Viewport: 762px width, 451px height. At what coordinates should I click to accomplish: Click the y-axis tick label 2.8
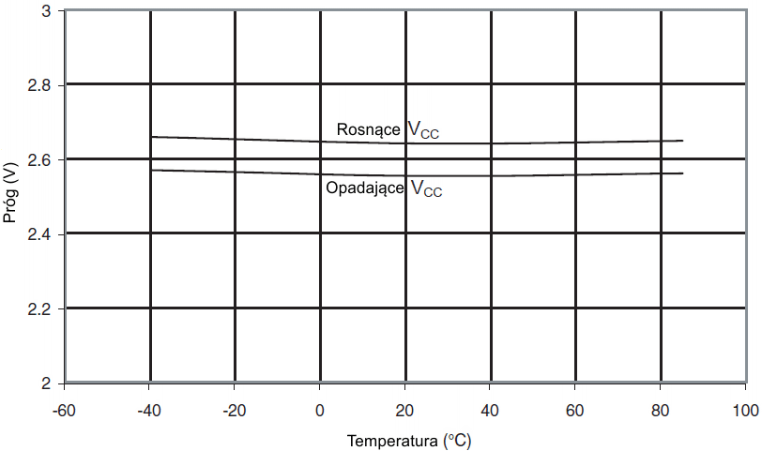pyautogui.click(x=41, y=85)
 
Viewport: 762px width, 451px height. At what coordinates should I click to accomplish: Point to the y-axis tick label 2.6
pyautogui.click(x=41, y=159)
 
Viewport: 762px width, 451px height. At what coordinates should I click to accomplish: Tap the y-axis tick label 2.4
pyautogui.click(x=41, y=234)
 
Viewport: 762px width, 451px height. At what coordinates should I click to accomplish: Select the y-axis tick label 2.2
pyautogui.click(x=41, y=308)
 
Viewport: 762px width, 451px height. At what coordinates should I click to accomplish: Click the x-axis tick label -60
pyautogui.click(x=65, y=411)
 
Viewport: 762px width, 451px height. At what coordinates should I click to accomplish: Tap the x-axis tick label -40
pyautogui.click(x=149, y=411)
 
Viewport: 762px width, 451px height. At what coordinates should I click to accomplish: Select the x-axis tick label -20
pyautogui.click(x=235, y=411)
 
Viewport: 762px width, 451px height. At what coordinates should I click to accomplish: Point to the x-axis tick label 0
pyautogui.click(x=320, y=411)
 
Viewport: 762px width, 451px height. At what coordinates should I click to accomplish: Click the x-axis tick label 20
pyautogui.click(x=404, y=411)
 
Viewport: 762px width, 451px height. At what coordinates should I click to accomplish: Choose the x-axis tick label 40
pyautogui.click(x=490, y=411)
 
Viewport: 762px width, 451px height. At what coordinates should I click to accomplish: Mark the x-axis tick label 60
pyautogui.click(x=575, y=411)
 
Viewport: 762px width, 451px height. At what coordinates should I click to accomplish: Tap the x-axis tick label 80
pyautogui.click(x=661, y=411)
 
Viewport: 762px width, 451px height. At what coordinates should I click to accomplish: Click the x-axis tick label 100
pyautogui.click(x=744, y=411)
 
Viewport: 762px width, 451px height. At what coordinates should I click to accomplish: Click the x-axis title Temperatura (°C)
pyautogui.click(x=404, y=440)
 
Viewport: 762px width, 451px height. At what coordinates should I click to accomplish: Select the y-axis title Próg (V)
pyautogui.click(x=11, y=196)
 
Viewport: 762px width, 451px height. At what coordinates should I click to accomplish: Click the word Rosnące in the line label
pyautogui.click(x=369, y=130)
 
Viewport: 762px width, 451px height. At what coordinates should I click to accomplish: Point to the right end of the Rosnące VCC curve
pyautogui.click(x=682, y=141)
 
